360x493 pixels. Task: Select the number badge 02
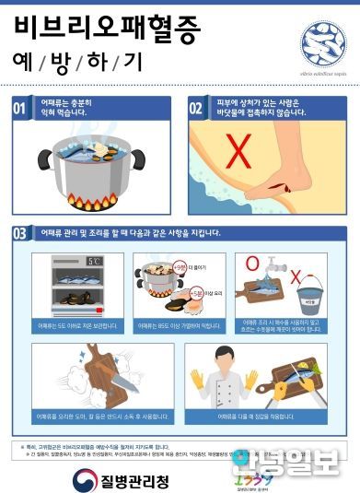pos(196,109)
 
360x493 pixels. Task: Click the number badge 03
pos(20,234)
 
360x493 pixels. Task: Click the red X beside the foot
pos(240,149)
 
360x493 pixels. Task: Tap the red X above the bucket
pos(296,276)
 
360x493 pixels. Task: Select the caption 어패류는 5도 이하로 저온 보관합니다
pos(77,325)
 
